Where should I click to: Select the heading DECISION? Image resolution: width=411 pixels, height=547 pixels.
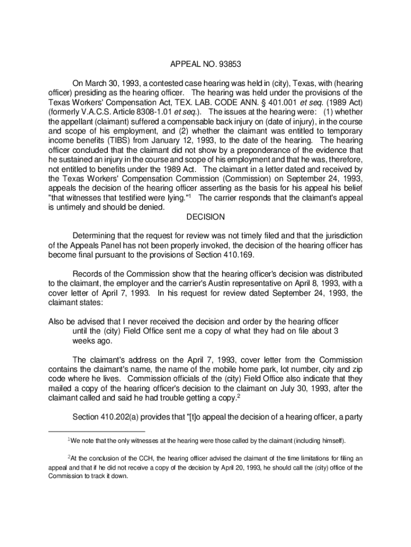pos(205,217)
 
